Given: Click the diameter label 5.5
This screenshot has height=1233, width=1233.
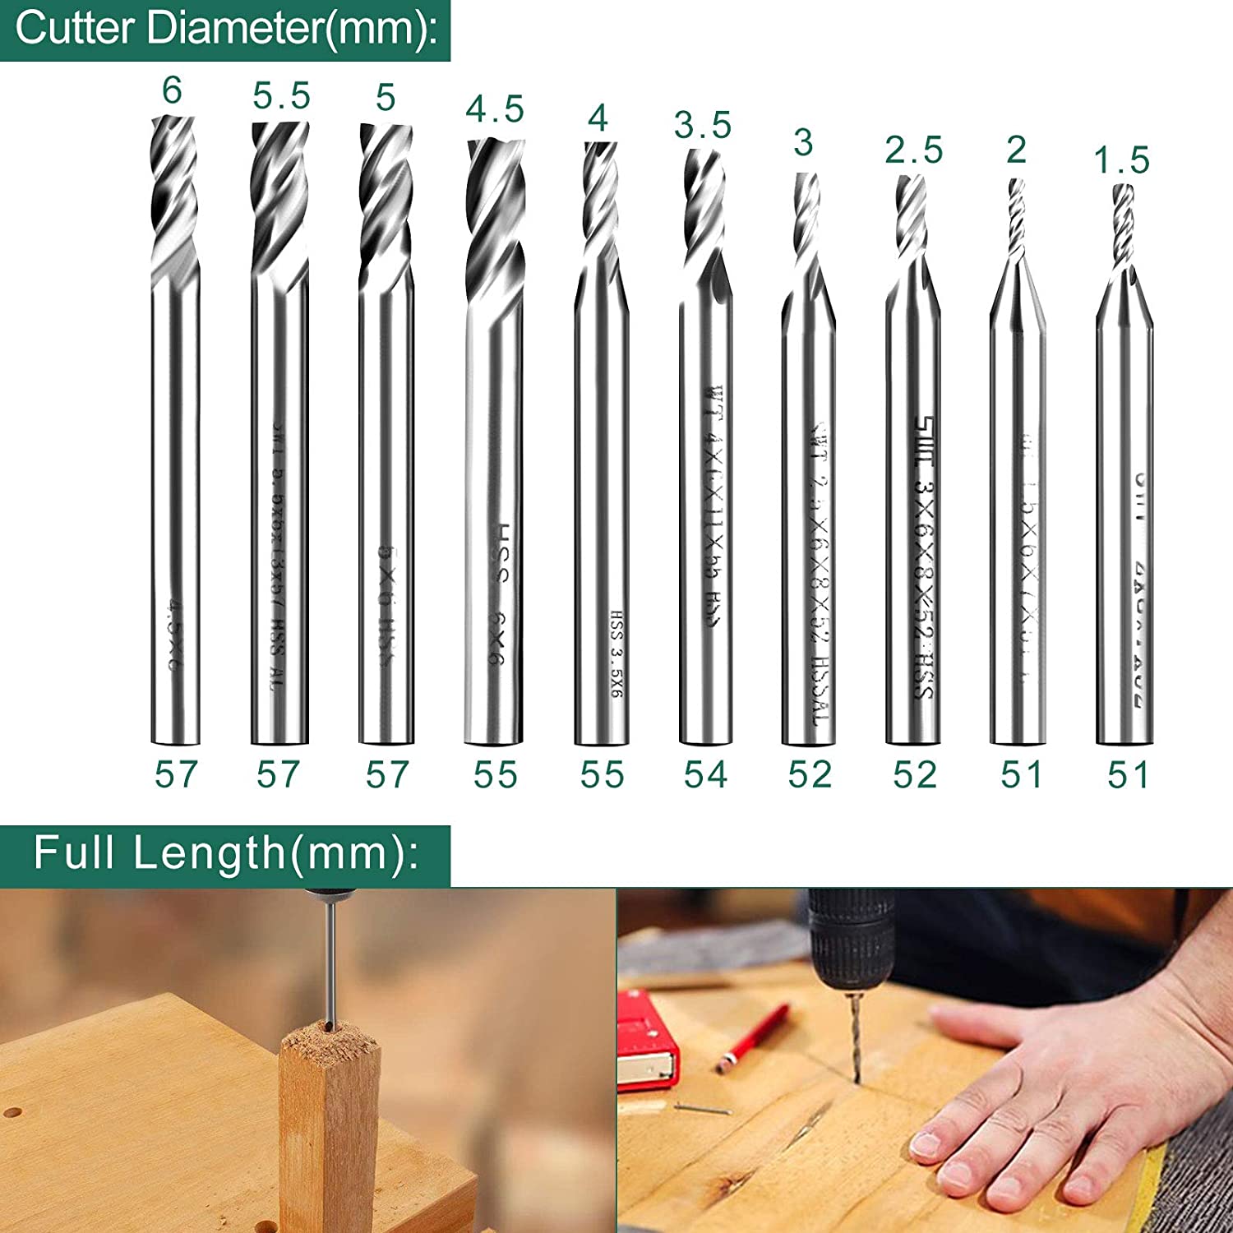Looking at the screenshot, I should tap(281, 97).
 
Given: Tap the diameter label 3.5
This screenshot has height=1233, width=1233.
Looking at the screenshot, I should tap(702, 126).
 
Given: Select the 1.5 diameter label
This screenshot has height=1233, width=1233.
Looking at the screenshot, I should tap(1121, 160).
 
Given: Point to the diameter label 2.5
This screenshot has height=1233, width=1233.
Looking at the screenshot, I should tap(913, 150).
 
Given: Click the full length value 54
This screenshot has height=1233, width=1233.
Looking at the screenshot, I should tap(705, 774).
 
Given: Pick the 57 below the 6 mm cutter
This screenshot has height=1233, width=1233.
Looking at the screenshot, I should tap(176, 774).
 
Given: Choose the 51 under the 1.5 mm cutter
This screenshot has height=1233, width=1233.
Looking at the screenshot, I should tap(1127, 774).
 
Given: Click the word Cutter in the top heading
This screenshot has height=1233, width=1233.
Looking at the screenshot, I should tap(74, 28).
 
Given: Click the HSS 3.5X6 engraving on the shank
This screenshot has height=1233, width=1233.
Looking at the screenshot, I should tap(616, 654).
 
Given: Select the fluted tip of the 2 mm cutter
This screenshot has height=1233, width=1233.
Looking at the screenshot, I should tap(1017, 218).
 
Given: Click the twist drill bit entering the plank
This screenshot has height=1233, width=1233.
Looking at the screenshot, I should tap(855, 1036).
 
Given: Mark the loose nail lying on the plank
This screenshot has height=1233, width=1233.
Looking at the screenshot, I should tap(703, 1109).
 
